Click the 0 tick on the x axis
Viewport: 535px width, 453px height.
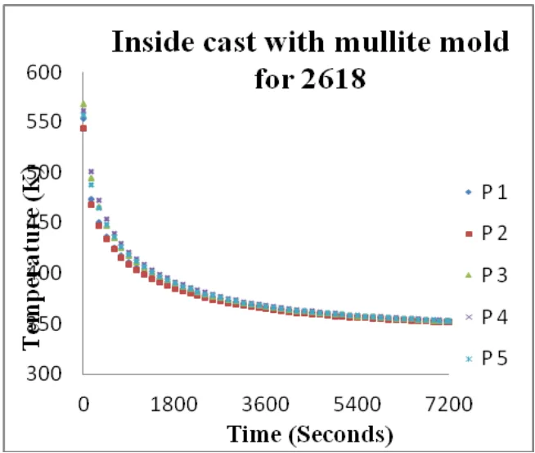point(83,402)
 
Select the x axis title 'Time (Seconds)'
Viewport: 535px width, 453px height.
point(310,432)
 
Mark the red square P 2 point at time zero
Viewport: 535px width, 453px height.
point(83,129)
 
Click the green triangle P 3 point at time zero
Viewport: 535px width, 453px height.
point(83,104)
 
